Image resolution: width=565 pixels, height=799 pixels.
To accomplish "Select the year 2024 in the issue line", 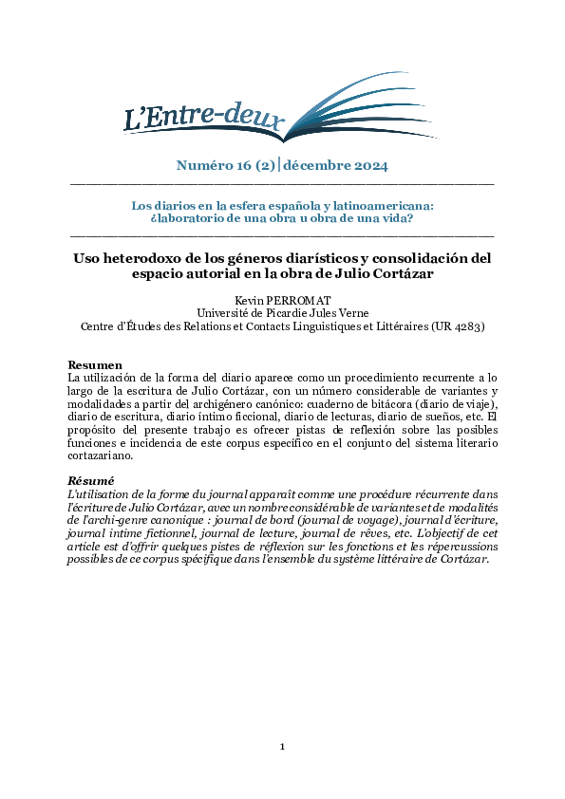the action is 366,166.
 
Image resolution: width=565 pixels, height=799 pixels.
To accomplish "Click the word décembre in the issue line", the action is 318,166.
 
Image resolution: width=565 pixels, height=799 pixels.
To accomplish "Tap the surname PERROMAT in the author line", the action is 300,300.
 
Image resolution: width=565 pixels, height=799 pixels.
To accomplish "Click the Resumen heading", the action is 95,365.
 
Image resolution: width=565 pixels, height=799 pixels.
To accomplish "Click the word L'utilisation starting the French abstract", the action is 100,495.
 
